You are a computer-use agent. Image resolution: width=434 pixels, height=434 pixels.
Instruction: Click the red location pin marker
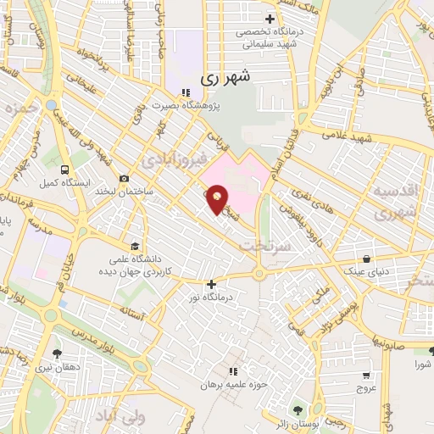pyautogui.click(x=218, y=199)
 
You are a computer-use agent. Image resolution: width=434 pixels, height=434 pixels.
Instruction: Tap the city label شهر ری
pyautogui.click(x=227, y=78)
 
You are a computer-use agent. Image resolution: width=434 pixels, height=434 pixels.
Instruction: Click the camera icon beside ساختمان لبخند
pyautogui.click(x=125, y=178)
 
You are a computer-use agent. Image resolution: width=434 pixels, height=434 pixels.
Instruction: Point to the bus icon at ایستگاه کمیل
pyautogui.click(x=63, y=169)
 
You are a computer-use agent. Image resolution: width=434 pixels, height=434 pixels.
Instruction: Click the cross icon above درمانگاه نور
pyautogui.click(x=211, y=284)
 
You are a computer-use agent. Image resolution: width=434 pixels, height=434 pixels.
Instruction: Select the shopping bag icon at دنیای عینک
pyautogui.click(x=366, y=259)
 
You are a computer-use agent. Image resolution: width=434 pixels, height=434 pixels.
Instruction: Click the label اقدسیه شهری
pyautogui.click(x=393, y=203)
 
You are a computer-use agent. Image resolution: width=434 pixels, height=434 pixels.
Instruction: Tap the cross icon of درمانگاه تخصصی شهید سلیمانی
pyautogui.click(x=270, y=19)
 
